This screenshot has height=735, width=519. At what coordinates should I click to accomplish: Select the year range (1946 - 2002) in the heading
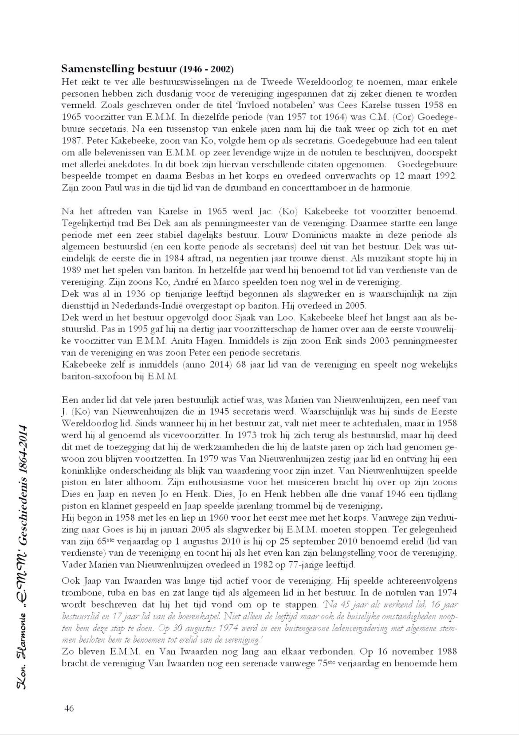click(x=206, y=70)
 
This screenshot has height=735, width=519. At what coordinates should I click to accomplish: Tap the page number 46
click(x=69, y=708)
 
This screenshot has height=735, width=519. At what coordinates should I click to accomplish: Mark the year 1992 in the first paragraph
click(x=445, y=176)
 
